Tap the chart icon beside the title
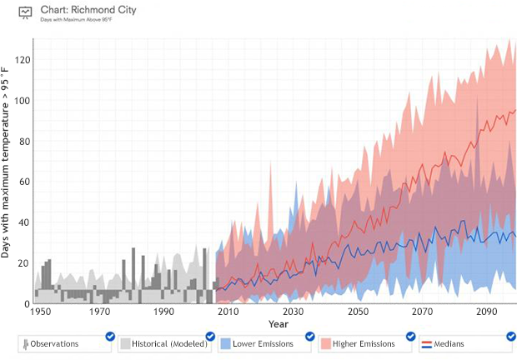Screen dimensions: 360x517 pos(26,12)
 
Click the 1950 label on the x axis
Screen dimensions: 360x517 pos(38,312)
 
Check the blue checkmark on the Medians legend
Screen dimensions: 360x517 pos(510,336)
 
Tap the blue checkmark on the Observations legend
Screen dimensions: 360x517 pos(110,336)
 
